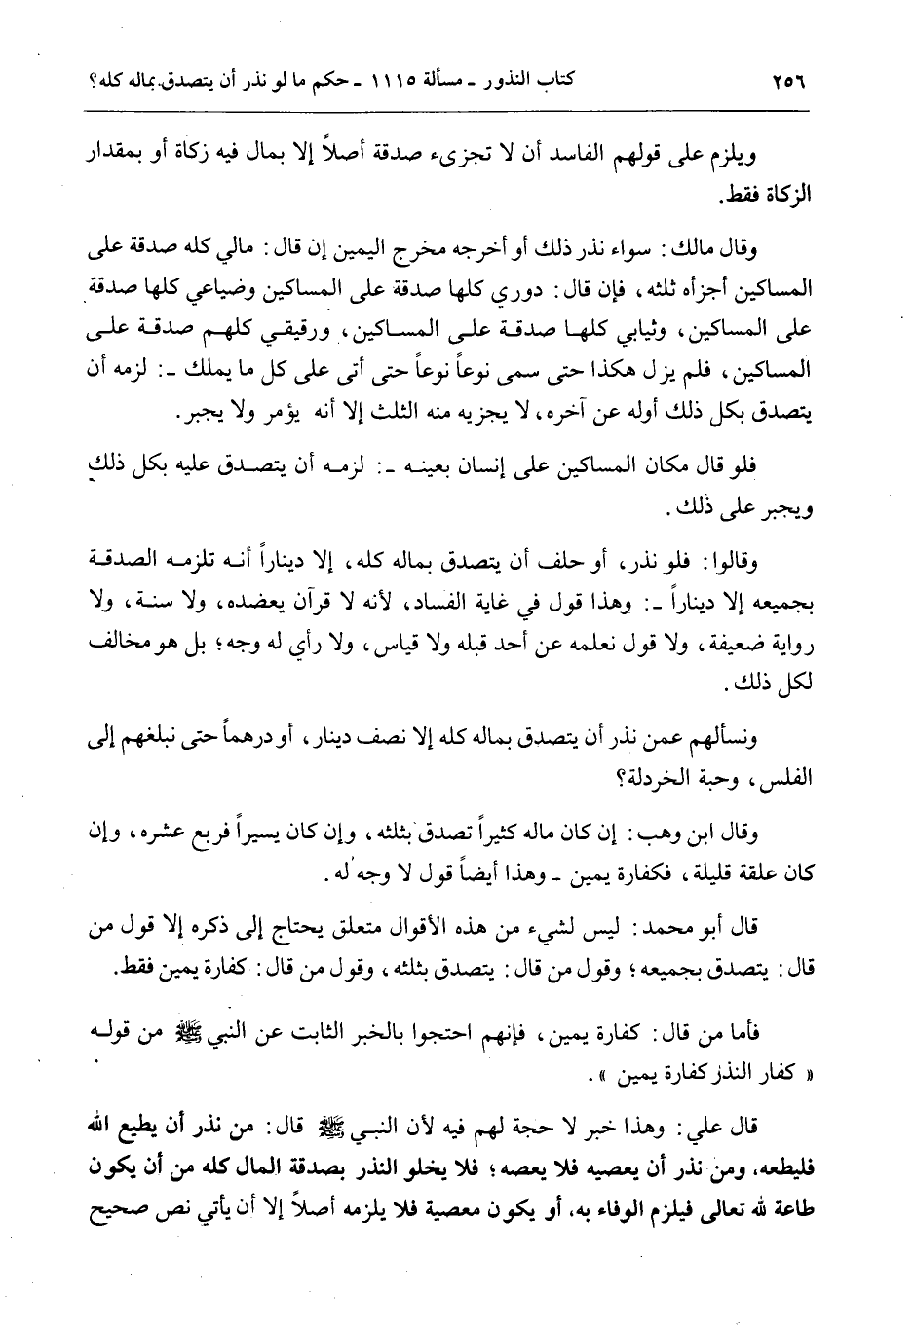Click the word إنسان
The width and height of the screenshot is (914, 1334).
coord(515,468)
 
